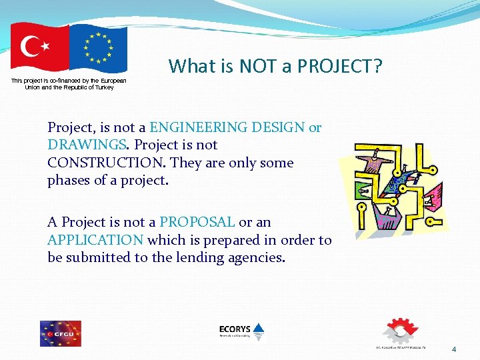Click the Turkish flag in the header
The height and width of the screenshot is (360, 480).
[39, 47]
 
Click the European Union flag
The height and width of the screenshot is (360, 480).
[98, 49]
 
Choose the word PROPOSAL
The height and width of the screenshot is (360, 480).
[197, 222]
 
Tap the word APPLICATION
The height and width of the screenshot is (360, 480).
[95, 240]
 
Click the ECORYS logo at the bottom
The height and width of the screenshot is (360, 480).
[241, 331]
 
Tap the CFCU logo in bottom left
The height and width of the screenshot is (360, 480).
[60, 333]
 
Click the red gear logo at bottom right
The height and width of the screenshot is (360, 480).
[399, 331]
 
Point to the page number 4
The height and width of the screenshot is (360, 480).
[454, 349]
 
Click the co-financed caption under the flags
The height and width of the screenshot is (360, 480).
[69, 83]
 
